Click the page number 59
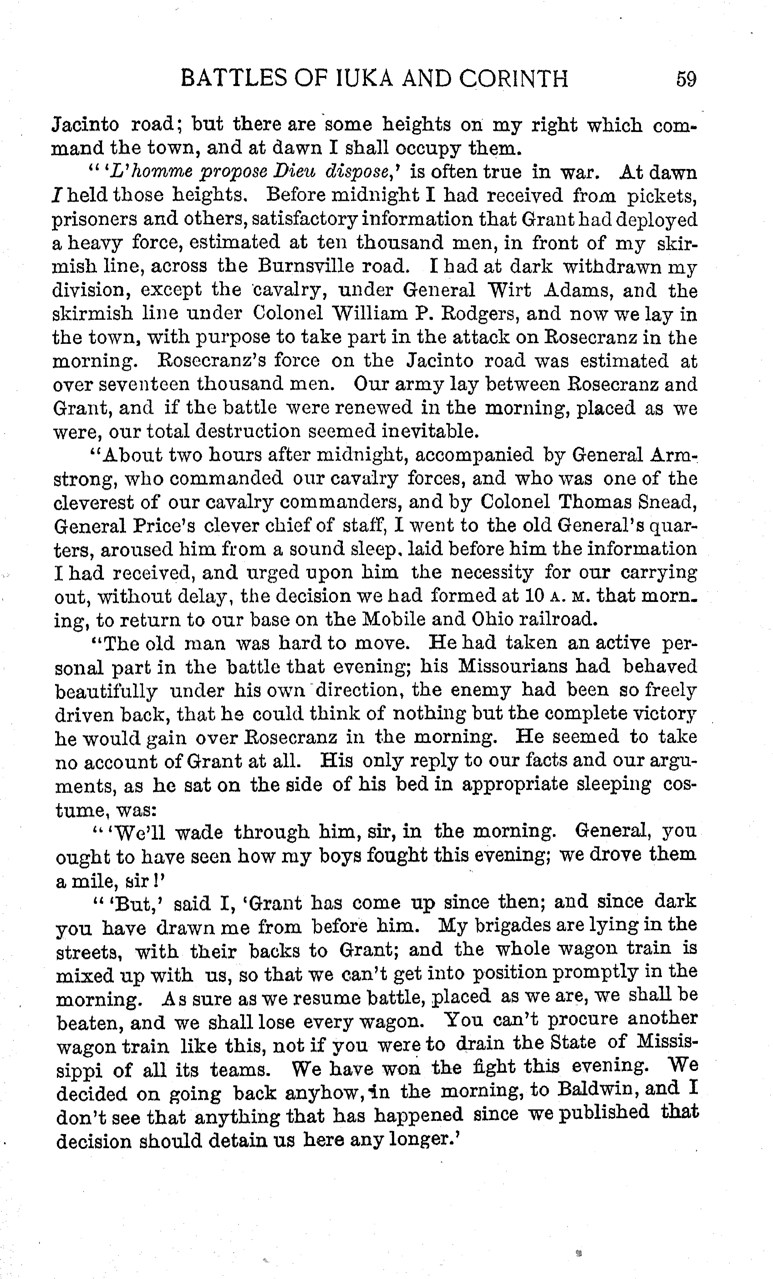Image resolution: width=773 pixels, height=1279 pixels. click(x=686, y=79)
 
